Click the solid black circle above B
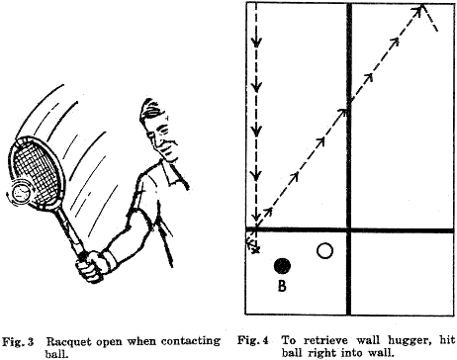[283, 266]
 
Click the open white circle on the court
[323, 251]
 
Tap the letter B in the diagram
[283, 288]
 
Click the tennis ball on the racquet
[23, 191]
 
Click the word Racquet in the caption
[71, 340]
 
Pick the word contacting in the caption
[187, 340]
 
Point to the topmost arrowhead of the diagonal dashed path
[422, 11]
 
